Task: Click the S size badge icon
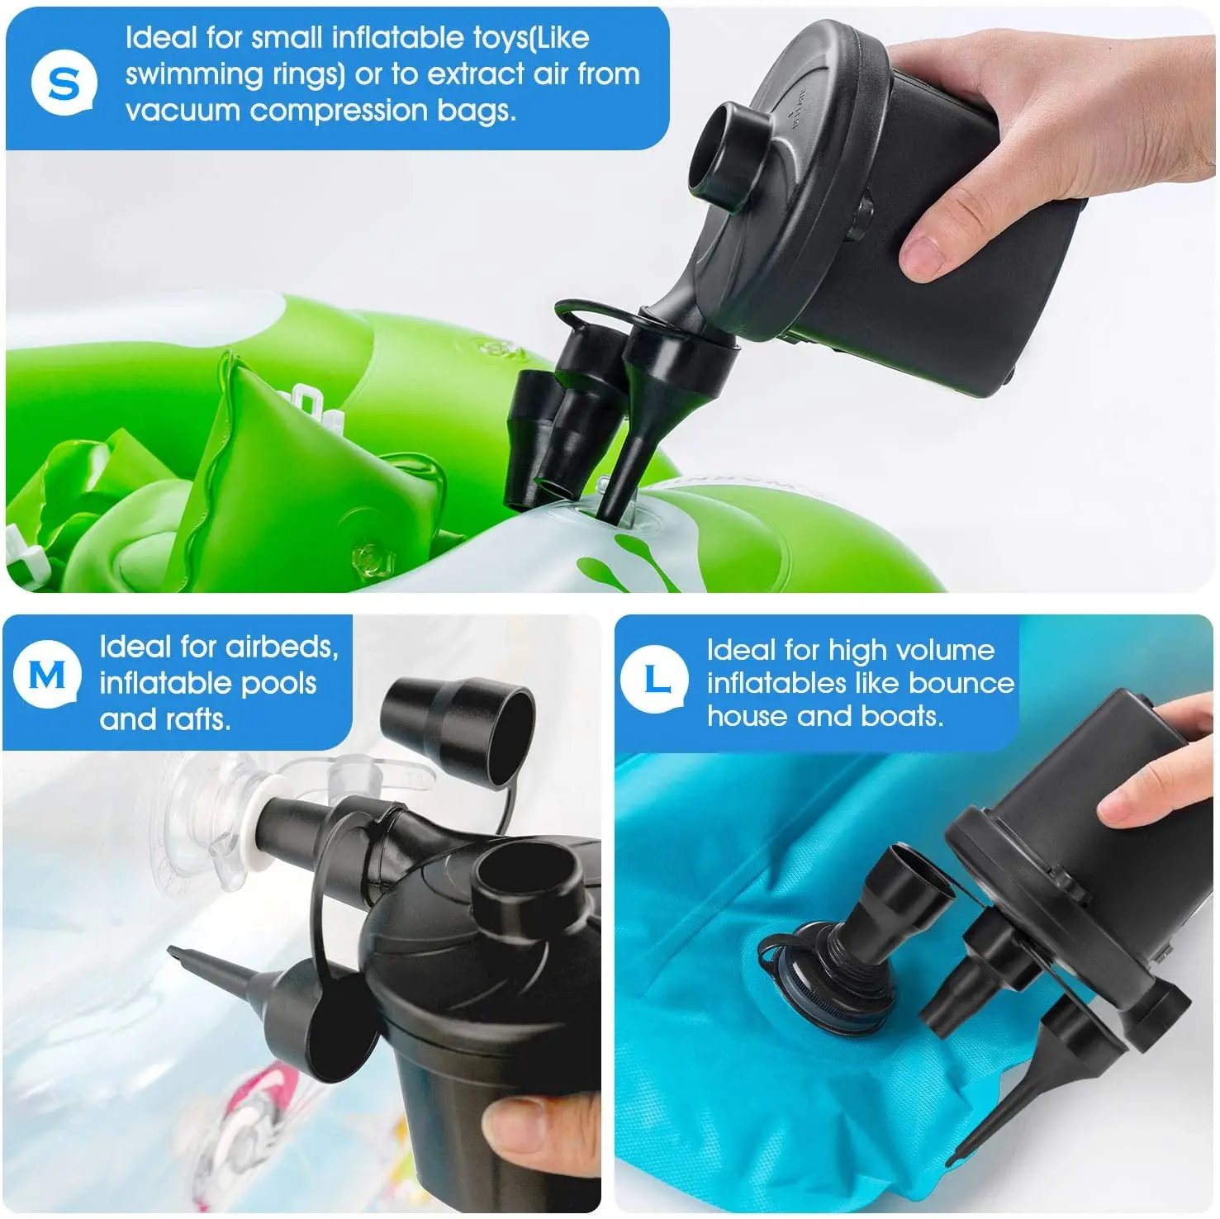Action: (x=64, y=83)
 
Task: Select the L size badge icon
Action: (x=655, y=680)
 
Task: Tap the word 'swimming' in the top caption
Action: (x=193, y=74)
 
